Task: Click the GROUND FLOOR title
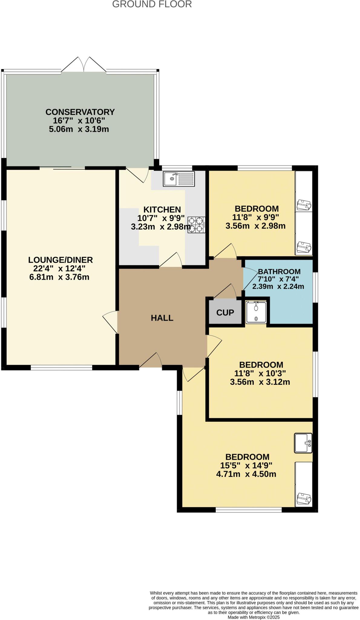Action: click(152, 4)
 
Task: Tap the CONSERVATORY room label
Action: click(80, 112)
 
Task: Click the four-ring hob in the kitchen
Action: click(196, 225)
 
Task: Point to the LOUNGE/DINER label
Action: click(61, 260)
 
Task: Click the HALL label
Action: click(162, 318)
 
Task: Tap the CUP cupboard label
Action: click(225, 312)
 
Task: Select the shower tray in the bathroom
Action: click(256, 312)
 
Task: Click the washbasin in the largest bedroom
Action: click(303, 444)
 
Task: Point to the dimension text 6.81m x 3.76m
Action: click(59, 277)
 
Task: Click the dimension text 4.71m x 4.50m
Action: click(246, 474)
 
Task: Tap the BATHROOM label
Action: click(279, 272)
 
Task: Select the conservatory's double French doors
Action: click(84, 65)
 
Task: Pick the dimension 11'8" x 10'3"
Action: click(260, 373)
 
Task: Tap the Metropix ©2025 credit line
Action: click(254, 617)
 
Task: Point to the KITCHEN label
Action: click(162, 209)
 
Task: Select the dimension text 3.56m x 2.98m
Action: click(255, 226)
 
